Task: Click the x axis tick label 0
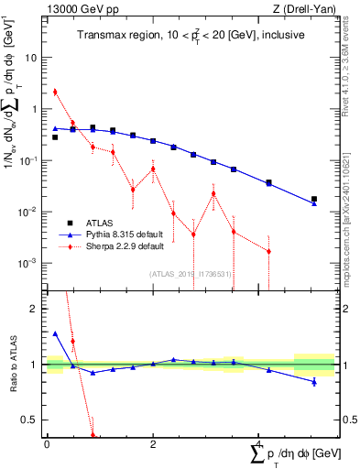[47, 444]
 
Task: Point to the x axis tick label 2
[153, 444]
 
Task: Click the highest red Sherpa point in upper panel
[55, 92]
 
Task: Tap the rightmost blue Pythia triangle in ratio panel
[314, 381]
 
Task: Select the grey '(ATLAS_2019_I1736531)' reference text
[189, 273]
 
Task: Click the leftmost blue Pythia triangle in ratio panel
[55, 334]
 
